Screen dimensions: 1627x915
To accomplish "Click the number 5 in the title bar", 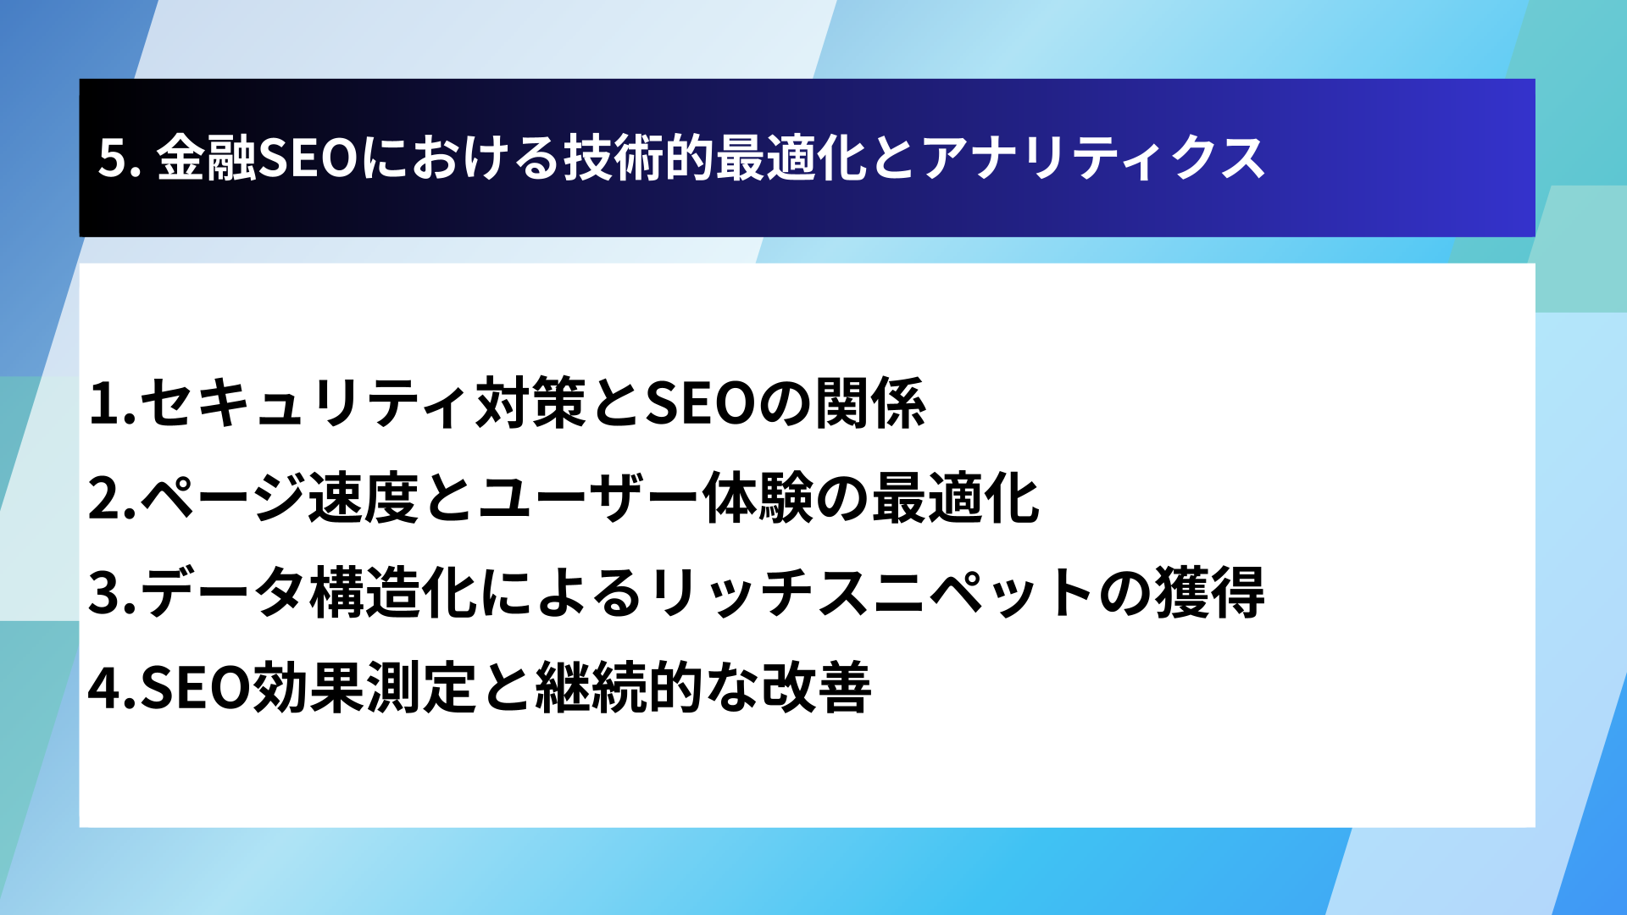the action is tap(113, 158).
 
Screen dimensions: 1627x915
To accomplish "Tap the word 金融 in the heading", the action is tap(206, 158).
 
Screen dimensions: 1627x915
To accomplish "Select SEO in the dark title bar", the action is tap(308, 158).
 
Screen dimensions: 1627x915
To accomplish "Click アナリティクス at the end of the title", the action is tap(1093, 158).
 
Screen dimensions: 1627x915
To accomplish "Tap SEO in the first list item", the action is tap(700, 403).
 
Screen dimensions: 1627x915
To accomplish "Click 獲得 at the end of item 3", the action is tap(1209, 593).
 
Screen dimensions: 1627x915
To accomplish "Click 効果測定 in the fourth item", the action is tap(364, 688).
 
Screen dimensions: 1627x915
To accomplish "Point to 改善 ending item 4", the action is tap(816, 688).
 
